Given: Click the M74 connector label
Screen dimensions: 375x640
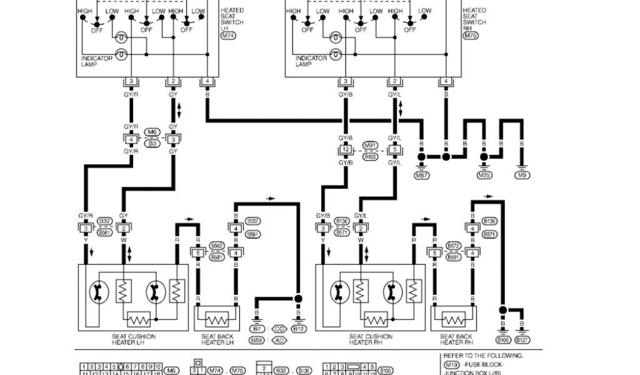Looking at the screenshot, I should click(x=229, y=36).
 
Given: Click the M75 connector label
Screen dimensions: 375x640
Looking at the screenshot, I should click(x=471, y=36).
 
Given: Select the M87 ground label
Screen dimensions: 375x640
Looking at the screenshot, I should click(x=422, y=176).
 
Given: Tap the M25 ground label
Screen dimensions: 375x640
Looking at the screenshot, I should click(x=484, y=176).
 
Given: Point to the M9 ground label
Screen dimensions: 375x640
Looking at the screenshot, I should click(x=523, y=176).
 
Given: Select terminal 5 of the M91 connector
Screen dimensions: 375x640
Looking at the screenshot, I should click(x=394, y=150).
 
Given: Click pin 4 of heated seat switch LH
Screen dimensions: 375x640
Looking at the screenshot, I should click(x=207, y=82).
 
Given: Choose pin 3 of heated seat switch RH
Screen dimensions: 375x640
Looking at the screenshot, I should click(x=345, y=82).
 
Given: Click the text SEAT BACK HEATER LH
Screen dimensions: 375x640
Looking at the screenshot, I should click(x=217, y=339).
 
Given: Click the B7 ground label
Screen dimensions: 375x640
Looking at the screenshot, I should click(x=256, y=329).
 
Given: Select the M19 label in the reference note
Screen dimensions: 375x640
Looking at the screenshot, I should click(x=451, y=363).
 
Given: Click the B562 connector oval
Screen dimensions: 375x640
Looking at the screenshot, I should click(x=217, y=246).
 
